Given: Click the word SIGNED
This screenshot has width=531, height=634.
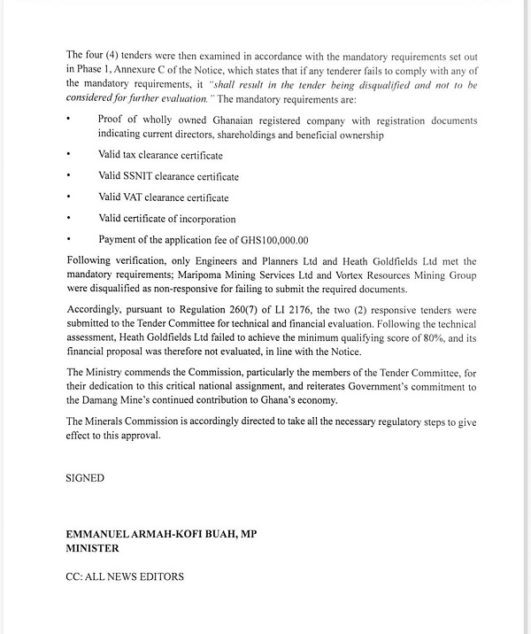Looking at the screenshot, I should point(85,478).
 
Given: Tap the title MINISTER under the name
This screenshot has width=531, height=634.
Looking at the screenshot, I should point(92,547).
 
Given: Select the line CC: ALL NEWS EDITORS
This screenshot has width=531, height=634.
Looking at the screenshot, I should point(124,576).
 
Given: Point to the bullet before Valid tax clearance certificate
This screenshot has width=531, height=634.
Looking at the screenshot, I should point(68,155).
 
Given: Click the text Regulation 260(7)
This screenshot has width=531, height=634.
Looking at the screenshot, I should point(177,311).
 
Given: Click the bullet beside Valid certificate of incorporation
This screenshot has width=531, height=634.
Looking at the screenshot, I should point(68,219).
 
